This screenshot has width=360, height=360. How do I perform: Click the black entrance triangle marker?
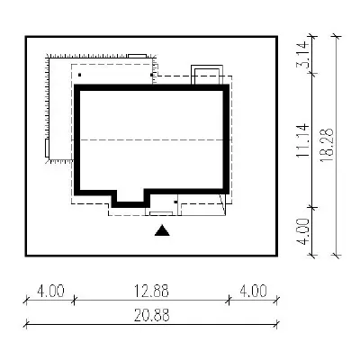[162, 230]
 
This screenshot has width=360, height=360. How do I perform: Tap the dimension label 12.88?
[151, 291]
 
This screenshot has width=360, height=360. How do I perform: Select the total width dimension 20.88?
[151, 315]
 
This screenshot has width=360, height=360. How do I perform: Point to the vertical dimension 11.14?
[302, 140]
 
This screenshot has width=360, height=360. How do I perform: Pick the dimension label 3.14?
[302, 54]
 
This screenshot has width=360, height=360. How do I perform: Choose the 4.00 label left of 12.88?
[50, 291]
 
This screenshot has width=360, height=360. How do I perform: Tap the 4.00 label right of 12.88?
[253, 291]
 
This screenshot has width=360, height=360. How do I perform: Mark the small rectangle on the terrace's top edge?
[138, 56]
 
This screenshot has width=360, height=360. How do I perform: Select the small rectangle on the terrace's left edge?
[47, 148]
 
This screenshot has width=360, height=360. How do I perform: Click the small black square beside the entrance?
[175, 202]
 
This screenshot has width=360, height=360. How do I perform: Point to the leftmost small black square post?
[79, 75]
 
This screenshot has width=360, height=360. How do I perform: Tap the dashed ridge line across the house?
[152, 140]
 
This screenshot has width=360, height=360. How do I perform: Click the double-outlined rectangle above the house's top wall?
[207, 75]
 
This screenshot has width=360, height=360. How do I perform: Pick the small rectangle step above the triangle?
[161, 213]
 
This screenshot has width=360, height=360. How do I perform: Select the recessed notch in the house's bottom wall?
[130, 198]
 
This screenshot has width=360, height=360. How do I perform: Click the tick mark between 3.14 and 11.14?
[313, 73]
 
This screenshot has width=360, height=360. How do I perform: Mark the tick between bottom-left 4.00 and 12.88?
[74, 300]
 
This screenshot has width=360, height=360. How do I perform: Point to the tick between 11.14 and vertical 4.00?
[313, 207]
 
